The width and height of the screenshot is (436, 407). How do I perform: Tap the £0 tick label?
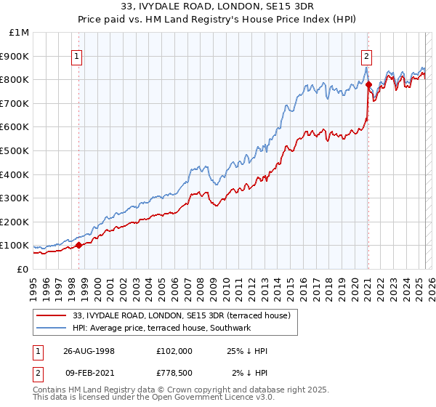pos(23,269)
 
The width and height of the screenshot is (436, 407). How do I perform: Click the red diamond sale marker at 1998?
pos(79,245)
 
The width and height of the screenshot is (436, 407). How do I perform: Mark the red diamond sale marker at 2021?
pos(368,84)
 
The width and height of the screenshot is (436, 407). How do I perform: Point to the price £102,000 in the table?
pos(174,351)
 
